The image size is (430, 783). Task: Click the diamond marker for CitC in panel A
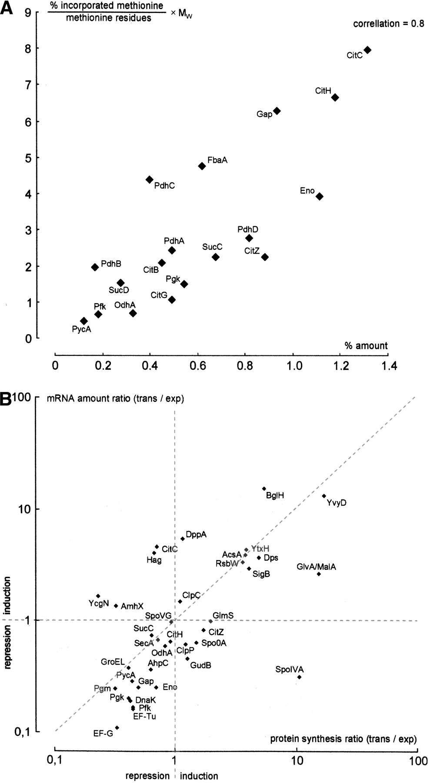(x=367, y=50)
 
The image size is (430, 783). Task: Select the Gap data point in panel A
(x=277, y=111)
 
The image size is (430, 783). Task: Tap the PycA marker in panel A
(x=84, y=321)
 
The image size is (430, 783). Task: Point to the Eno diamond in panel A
(x=320, y=197)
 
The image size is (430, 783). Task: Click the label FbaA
(x=217, y=161)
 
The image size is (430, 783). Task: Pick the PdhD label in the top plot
(x=248, y=229)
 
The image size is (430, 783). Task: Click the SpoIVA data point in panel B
(x=299, y=677)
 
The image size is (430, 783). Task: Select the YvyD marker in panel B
(x=324, y=496)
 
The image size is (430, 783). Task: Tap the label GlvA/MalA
(x=317, y=567)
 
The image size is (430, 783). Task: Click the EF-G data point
(x=117, y=728)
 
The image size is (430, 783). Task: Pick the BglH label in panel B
(x=275, y=495)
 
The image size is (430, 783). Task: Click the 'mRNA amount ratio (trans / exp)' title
(x=115, y=399)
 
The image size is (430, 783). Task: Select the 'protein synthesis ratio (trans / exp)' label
(x=343, y=739)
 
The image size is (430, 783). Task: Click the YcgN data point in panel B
(x=98, y=596)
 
